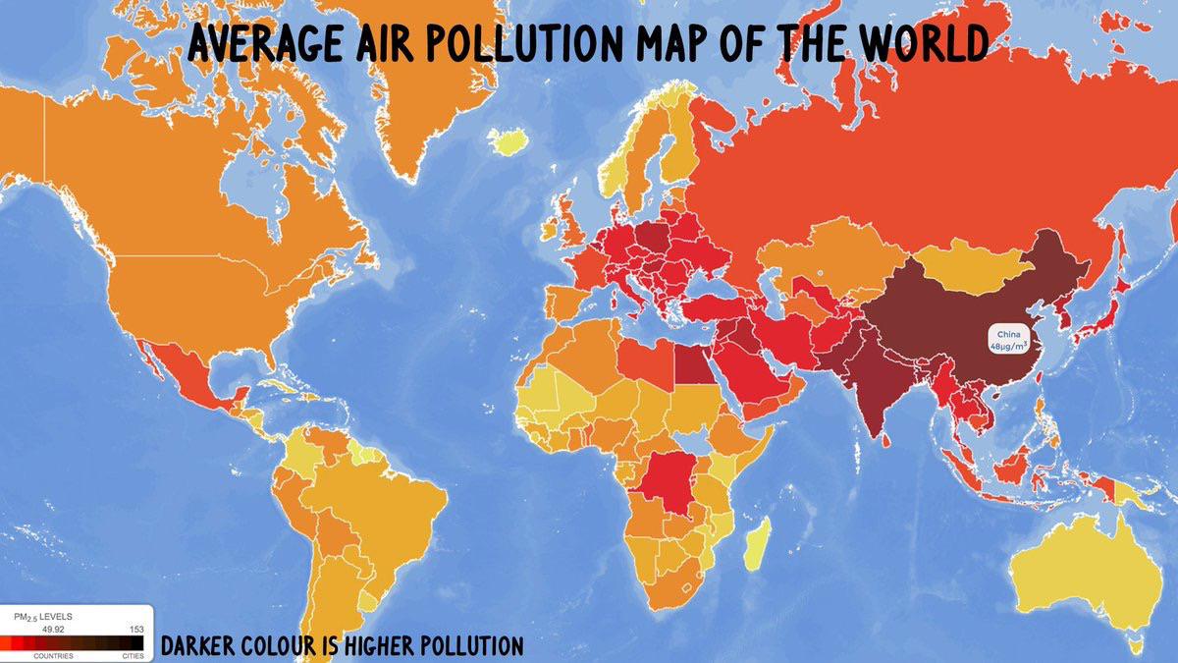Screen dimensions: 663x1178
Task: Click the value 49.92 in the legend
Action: [51, 629]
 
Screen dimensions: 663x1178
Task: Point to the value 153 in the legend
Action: [135, 629]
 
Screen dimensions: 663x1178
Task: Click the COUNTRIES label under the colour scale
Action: [51, 655]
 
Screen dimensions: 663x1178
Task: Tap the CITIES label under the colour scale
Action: [133, 655]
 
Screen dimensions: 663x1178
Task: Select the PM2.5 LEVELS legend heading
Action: [43, 616]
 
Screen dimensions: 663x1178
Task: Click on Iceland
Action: [508, 143]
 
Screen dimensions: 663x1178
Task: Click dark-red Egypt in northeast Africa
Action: [691, 364]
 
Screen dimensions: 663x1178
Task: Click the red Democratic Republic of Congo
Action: [669, 481]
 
